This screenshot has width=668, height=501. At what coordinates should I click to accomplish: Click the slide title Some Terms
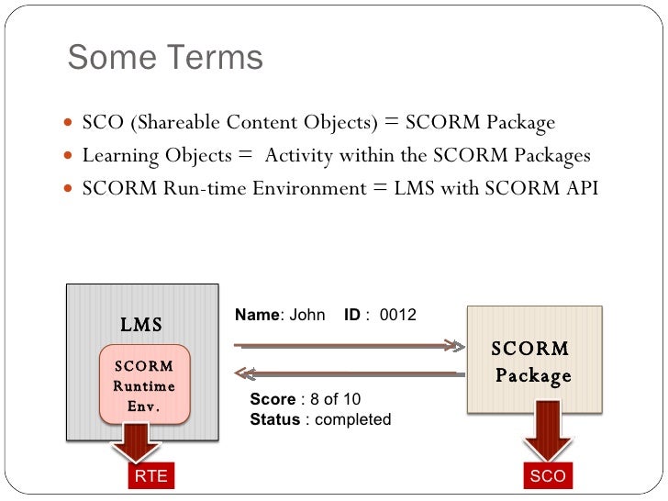(165, 58)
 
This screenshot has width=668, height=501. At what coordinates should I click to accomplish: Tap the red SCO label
(548, 475)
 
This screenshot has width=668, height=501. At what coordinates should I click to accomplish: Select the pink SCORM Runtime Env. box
(144, 384)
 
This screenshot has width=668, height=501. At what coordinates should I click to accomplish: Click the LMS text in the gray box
(141, 325)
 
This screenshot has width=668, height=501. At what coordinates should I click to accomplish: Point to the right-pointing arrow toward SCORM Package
(349, 346)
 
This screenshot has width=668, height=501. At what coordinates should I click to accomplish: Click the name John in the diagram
(307, 315)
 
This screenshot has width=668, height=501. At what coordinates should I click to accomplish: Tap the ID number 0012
(397, 315)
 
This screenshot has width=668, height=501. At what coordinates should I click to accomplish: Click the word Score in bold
(273, 399)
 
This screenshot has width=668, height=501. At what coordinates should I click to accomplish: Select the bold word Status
(274, 419)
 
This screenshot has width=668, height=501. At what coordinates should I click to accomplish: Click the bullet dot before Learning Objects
(72, 156)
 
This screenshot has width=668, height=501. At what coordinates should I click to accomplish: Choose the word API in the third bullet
(576, 188)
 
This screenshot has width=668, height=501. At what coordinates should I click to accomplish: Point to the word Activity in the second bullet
(299, 155)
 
